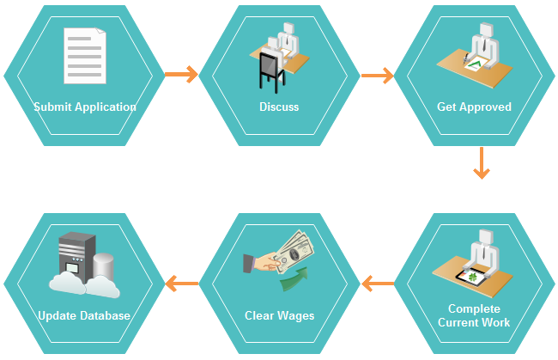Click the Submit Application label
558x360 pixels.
85,107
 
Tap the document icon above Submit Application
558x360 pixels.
85,55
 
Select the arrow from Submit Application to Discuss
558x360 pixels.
180,75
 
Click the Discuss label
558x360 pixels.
279,107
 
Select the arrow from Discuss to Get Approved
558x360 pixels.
377,76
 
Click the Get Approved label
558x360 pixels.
474,107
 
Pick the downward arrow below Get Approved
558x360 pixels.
482,163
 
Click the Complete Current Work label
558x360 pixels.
474,315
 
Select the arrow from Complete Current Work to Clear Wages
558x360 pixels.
377,282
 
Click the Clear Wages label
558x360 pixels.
279,315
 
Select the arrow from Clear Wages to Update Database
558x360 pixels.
181,282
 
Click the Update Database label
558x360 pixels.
84,315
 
